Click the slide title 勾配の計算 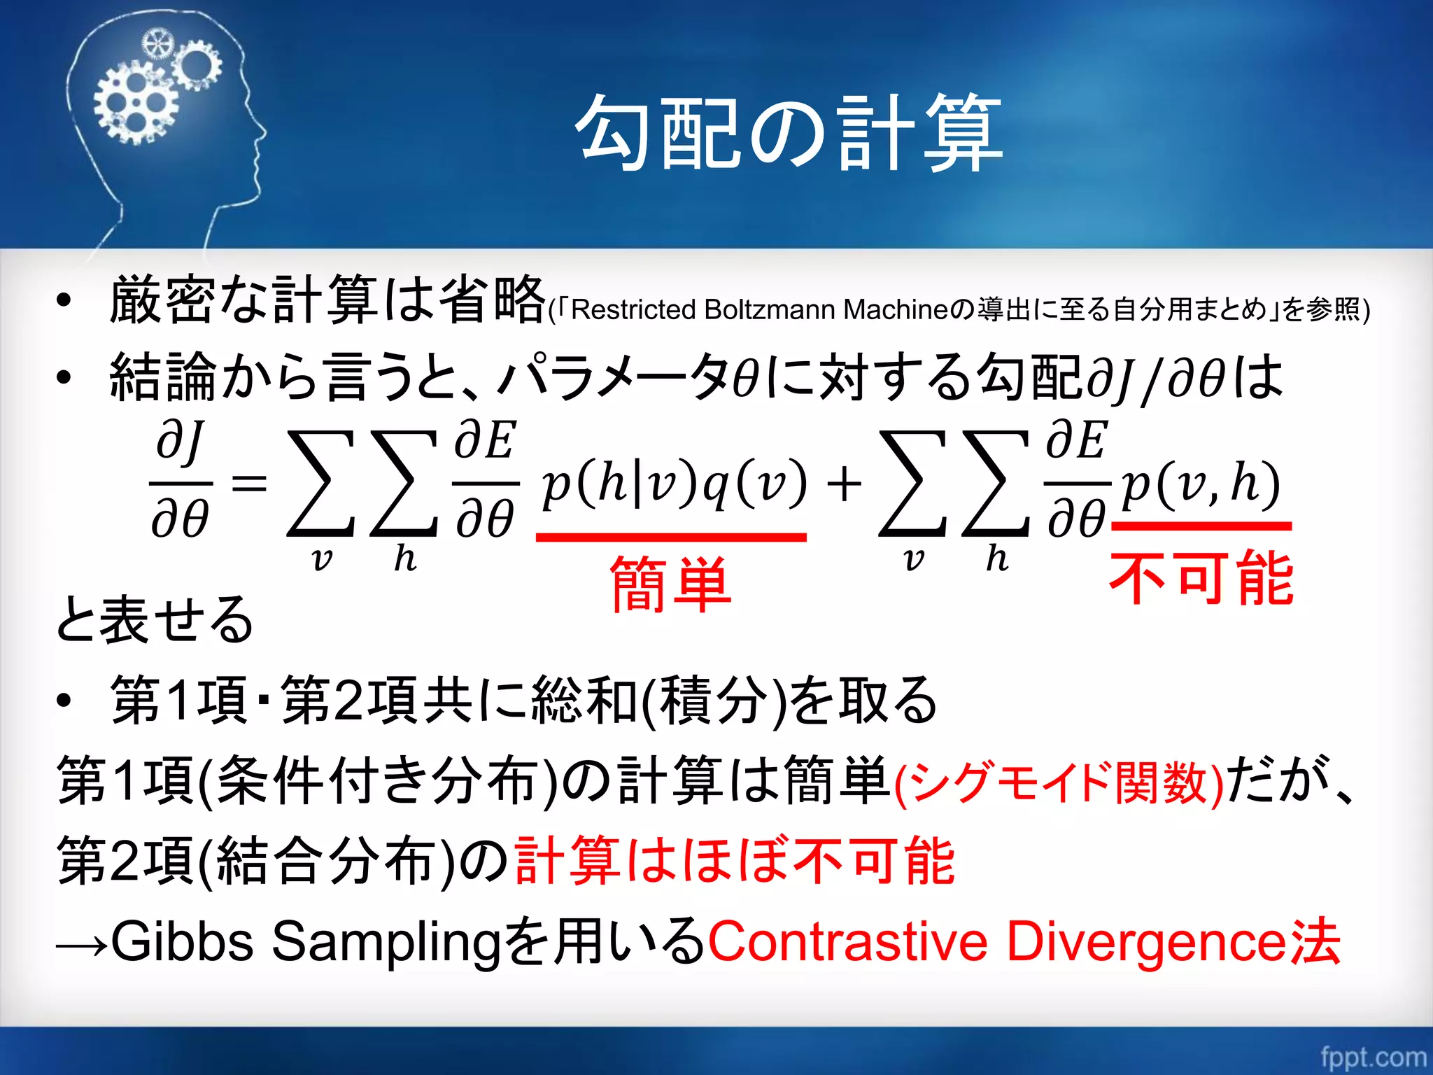[789, 133]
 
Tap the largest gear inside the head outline [136, 105]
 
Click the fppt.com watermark [1373, 1055]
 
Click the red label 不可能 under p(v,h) [1201, 578]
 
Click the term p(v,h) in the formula [1201, 483]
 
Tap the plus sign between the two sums [844, 484]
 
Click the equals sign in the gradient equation [249, 483]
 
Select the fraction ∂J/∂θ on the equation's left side [181, 483]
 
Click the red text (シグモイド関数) [1059, 782]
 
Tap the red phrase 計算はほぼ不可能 [735, 861]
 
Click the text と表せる [154, 619]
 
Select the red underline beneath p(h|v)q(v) [670, 537]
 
